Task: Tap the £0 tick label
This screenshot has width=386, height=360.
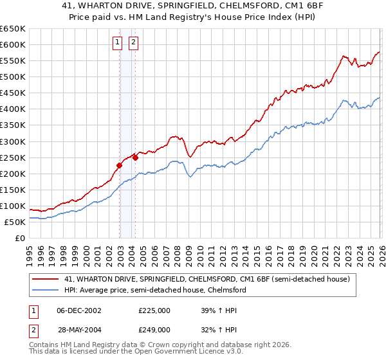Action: coord(19,238)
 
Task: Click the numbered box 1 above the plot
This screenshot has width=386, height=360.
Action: coord(118,43)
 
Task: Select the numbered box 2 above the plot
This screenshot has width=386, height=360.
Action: coord(133,43)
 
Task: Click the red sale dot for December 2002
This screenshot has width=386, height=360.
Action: coord(119,165)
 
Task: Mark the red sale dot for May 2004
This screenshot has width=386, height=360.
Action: coord(136,157)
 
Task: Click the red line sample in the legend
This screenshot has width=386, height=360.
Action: coord(46,280)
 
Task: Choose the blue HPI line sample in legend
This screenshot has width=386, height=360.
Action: coord(46,291)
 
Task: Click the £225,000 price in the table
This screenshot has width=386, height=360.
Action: coord(154,310)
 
